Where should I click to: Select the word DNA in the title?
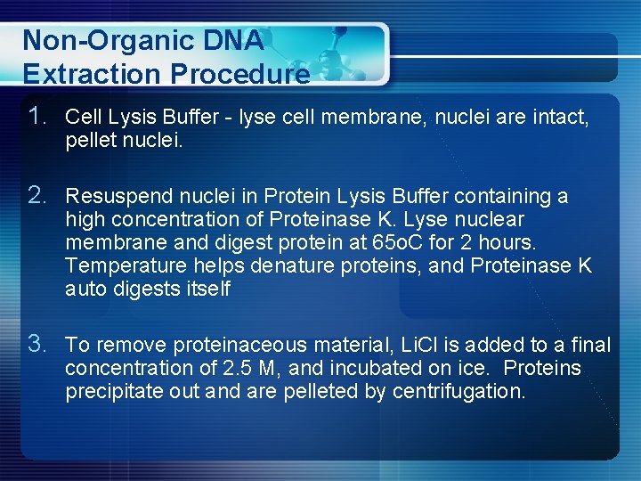click(x=234, y=40)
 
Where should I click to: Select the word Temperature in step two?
click(x=122, y=265)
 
